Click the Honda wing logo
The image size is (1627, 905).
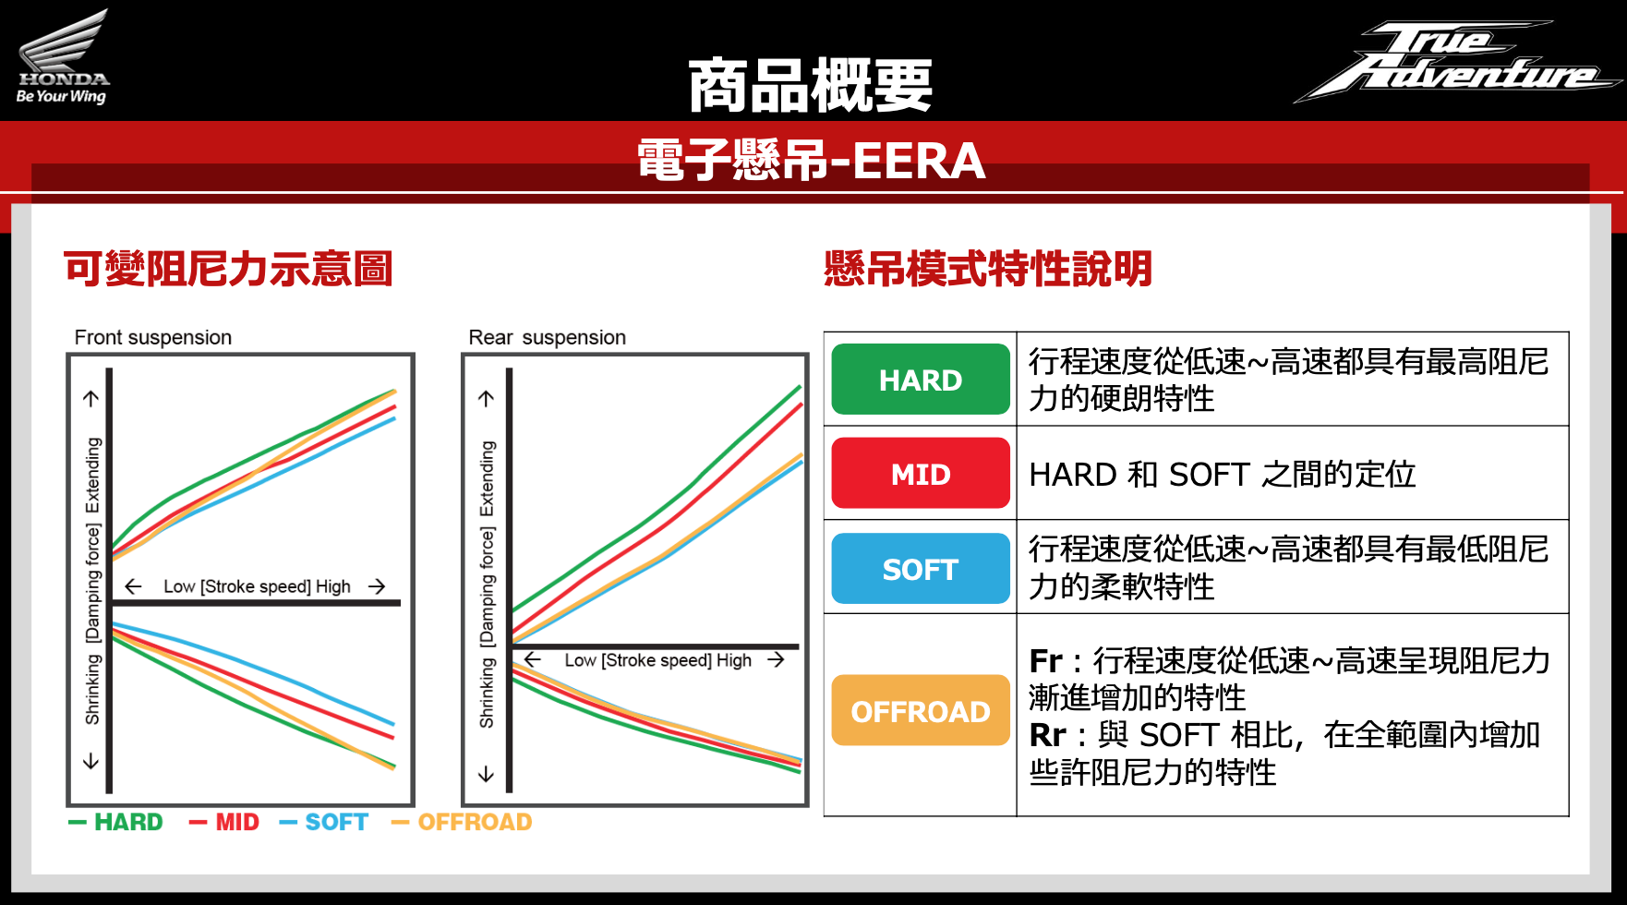coord(63,55)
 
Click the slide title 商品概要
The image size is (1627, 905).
coord(811,85)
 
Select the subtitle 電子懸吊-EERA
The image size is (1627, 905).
coord(812,160)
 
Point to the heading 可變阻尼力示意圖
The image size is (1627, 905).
coord(228,269)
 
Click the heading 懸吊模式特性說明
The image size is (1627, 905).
coord(988,269)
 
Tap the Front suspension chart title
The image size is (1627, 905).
coord(153,337)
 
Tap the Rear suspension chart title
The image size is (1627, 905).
coord(548,337)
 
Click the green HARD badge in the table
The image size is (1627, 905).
coord(921,379)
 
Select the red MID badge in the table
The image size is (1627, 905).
coord(921,473)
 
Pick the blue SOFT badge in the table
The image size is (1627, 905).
coord(921,568)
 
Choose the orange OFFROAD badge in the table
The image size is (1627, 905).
coord(921,710)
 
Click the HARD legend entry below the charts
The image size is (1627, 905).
coord(115,822)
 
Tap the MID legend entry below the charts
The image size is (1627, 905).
coord(224,822)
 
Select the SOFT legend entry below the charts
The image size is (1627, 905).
coord(323,822)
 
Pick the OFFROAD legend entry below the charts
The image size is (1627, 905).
coord(462,822)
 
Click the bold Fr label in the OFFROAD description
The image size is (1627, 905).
coord(1046,661)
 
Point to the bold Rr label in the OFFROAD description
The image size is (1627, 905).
coord(1048,735)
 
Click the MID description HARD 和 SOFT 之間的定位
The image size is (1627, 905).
coord(1223,474)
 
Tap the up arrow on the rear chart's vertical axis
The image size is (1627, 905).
coord(487,398)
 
